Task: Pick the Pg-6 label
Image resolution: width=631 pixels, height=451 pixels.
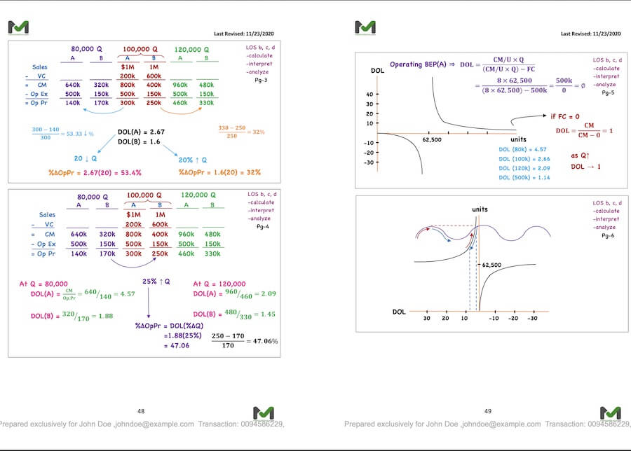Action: [x=608, y=236]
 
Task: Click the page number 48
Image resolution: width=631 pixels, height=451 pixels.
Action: [x=141, y=411]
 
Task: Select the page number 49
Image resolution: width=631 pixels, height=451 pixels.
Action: [x=488, y=411]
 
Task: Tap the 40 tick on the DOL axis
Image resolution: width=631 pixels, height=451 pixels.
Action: [x=369, y=93]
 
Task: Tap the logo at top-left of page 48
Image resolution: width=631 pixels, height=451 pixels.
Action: [x=19, y=27]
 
